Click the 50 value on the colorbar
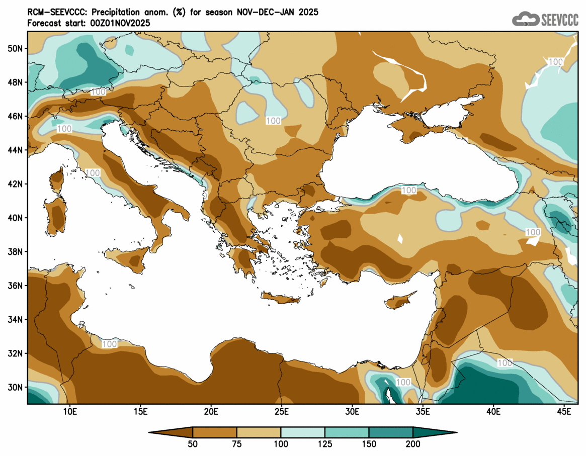(x=193, y=444)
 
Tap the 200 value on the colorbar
(x=413, y=444)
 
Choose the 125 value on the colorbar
(x=325, y=444)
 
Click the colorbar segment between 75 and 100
(x=259, y=432)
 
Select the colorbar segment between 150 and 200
(x=391, y=432)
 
